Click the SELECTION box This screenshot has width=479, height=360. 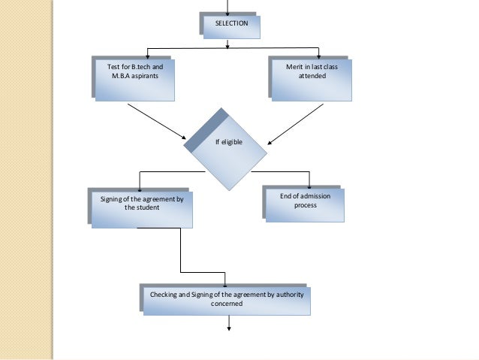point(231,25)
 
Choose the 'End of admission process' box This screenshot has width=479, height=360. point(304,204)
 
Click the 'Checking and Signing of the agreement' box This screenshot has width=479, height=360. point(225,299)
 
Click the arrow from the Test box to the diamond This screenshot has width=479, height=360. point(158,121)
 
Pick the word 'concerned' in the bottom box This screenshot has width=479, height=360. point(226,304)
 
